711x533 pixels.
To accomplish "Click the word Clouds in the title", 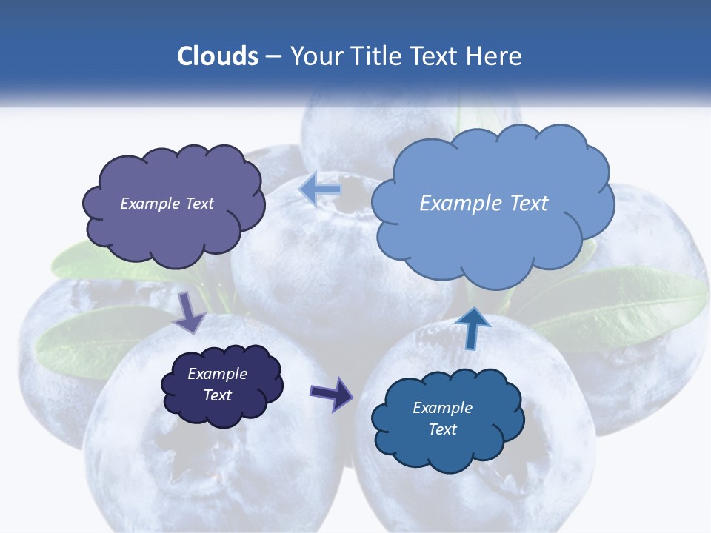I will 218,56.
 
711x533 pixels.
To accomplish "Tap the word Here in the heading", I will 494,56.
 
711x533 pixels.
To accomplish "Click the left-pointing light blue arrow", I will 321,190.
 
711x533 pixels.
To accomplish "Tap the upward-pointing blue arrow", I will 472,327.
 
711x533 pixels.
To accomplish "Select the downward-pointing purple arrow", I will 190,312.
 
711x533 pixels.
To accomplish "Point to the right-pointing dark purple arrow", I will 333,392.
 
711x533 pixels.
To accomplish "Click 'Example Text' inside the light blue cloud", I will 484,204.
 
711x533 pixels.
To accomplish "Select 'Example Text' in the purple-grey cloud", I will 167,204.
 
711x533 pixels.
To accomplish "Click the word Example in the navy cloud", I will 217,374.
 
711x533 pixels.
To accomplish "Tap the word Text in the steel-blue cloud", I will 442,429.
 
